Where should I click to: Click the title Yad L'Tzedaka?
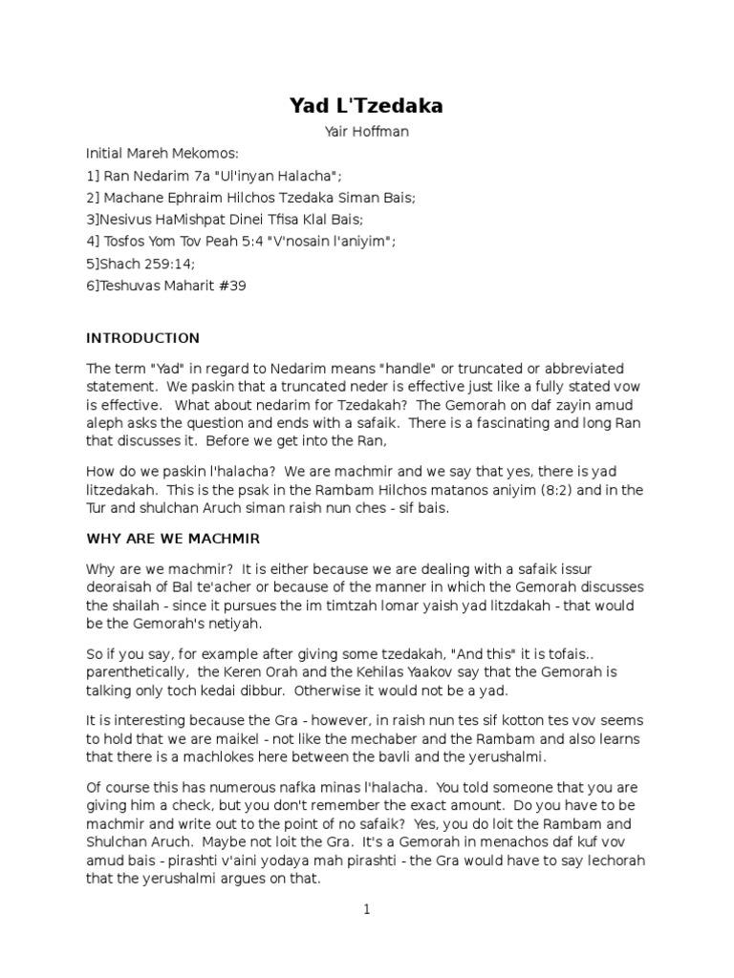click(366, 107)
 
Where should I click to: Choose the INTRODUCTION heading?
click(143, 338)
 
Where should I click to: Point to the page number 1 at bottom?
click(366, 910)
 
